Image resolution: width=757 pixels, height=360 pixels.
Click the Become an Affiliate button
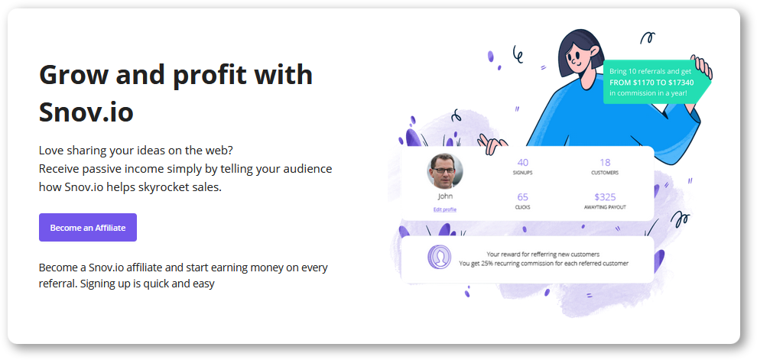[x=88, y=227]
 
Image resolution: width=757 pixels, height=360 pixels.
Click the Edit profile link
[x=444, y=209]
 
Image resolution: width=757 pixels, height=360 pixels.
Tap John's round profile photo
[x=444, y=171]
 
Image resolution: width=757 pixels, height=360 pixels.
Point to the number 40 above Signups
[x=523, y=163]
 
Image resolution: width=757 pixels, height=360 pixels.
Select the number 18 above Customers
[x=605, y=163]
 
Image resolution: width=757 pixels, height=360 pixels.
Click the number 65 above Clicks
[x=523, y=197]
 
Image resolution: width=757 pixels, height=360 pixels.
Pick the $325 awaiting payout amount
[x=605, y=197]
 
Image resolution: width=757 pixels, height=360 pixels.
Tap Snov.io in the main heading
[x=86, y=112]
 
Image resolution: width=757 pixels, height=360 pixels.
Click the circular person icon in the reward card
[x=440, y=258]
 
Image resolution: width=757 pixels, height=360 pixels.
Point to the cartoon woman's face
[x=580, y=57]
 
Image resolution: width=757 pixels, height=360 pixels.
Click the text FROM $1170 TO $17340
[x=651, y=82]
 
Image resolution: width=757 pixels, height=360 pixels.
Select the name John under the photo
[x=445, y=196]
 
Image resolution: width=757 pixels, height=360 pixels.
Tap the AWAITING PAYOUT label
[x=605, y=207]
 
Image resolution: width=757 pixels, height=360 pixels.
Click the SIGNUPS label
[x=523, y=173]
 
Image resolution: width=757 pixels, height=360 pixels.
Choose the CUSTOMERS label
[x=605, y=173]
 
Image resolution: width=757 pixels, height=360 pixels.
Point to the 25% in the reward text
[x=488, y=264]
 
